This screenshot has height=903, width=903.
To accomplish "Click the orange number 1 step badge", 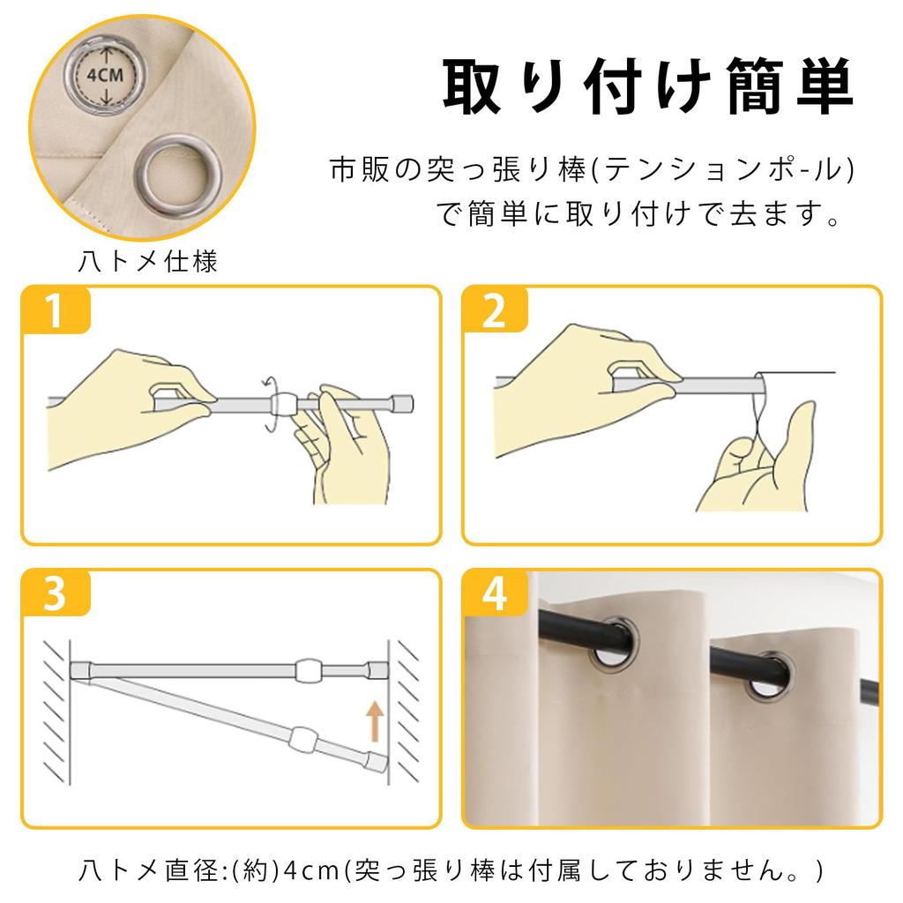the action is click(56, 310).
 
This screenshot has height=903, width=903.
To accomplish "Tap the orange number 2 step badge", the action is click(495, 310).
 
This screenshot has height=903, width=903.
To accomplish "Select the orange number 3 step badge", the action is click(56, 593).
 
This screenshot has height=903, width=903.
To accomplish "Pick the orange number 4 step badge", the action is click(495, 593).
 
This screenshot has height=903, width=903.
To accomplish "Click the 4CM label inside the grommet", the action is click(105, 75).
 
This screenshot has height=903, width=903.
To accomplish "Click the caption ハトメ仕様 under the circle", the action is click(148, 262).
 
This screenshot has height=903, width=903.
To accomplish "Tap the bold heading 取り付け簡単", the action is click(648, 86).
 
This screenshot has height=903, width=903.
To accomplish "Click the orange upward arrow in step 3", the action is click(375, 720).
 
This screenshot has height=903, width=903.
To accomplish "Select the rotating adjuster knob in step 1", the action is click(282, 404).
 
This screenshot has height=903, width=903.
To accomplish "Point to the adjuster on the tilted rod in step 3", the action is click(303, 739).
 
